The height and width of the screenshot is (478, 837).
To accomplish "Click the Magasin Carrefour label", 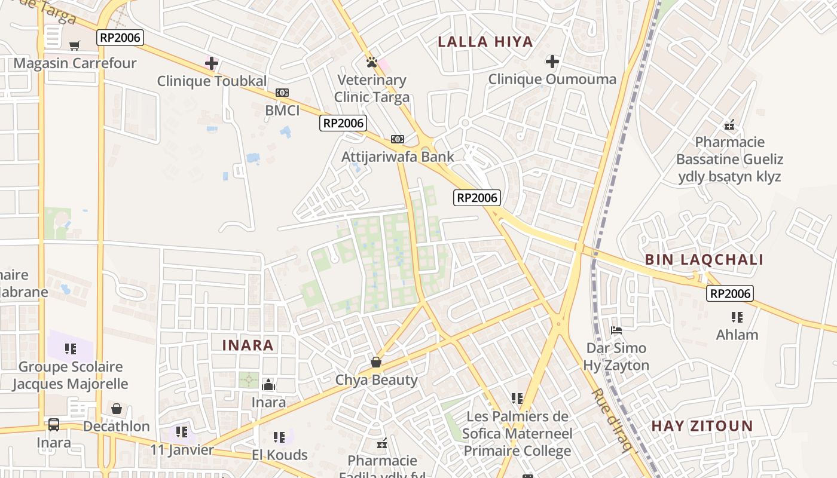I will click(x=75, y=63).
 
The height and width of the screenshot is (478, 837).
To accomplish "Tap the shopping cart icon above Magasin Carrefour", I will click(x=75, y=45).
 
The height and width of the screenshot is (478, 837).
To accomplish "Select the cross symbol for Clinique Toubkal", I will click(x=212, y=63).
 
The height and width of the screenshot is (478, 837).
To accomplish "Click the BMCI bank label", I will click(x=282, y=111).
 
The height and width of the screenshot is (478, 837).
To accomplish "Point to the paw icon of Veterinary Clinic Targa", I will click(x=371, y=62).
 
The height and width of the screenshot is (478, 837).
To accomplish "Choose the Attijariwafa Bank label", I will click(x=398, y=157).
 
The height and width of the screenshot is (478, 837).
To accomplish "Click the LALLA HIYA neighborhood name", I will click(x=485, y=42).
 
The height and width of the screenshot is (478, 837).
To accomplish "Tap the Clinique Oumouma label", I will click(x=552, y=79).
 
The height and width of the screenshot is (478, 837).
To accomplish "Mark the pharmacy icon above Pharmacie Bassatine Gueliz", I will click(x=729, y=125).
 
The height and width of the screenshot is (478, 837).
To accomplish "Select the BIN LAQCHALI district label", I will click(x=704, y=260).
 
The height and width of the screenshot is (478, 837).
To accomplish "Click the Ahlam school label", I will click(x=737, y=335).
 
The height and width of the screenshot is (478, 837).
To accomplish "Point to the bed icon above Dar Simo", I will click(x=616, y=330).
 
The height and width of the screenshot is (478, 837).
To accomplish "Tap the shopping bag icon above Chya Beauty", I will click(x=376, y=362).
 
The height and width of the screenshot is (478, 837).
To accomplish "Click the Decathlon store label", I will click(x=117, y=427).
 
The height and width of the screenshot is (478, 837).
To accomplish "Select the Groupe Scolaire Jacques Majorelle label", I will click(x=71, y=375).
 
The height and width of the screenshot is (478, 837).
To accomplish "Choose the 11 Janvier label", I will click(x=182, y=450).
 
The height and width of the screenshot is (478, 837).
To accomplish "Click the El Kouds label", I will click(x=279, y=455).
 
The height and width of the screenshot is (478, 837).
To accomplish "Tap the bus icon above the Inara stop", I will click(x=54, y=425).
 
